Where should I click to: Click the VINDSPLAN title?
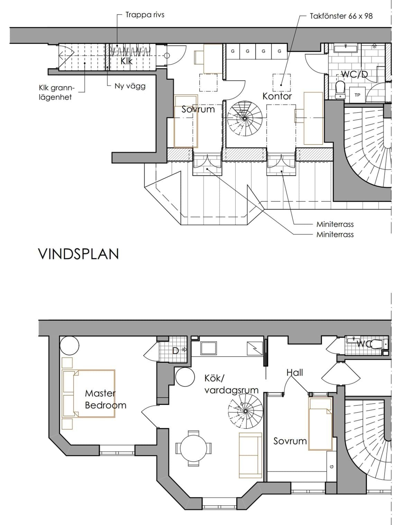point(79,254)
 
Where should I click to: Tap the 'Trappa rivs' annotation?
point(145,15)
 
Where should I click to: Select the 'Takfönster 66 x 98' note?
point(341,16)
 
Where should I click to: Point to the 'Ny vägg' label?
point(130,86)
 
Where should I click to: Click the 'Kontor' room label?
point(277,96)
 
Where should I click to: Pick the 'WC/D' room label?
point(354,74)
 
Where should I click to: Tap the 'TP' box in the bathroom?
point(358,95)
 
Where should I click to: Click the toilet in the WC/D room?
point(340,90)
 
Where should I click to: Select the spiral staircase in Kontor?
point(245,118)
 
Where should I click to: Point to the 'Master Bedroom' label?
point(105,399)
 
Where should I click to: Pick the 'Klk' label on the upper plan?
point(126,61)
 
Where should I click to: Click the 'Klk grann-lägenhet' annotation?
point(57,92)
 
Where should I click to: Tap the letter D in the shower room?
point(175,351)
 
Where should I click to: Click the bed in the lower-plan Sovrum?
point(320,424)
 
